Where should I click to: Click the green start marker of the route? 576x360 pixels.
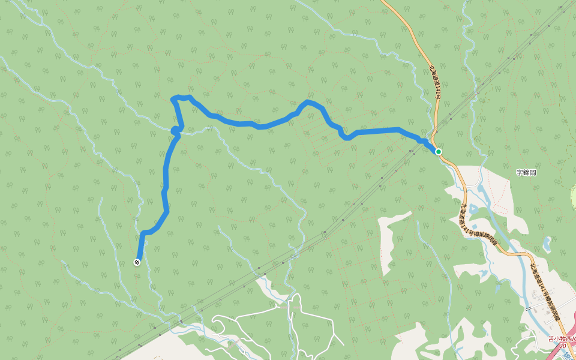tap(439, 152)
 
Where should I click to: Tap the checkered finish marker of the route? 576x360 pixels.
tap(137, 262)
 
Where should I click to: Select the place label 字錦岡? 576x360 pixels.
tap(526, 173)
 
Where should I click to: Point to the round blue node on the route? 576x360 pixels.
tap(175, 130)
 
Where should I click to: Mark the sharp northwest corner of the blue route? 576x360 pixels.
tap(173, 98)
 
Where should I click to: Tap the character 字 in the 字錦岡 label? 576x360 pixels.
tap(520, 173)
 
